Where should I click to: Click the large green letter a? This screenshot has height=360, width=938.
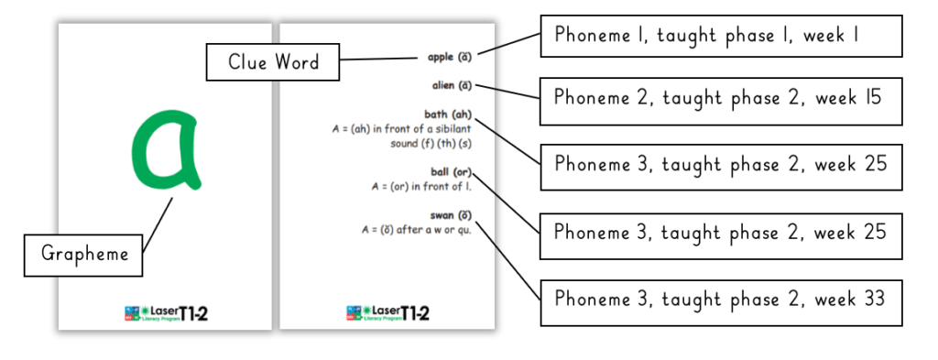[165, 149]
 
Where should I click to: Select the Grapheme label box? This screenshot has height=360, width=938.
[83, 255]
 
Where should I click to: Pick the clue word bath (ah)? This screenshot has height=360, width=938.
[448, 115]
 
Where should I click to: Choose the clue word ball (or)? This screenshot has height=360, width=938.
[450, 171]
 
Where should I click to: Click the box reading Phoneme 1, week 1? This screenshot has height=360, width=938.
[720, 37]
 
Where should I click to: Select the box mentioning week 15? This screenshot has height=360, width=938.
[720, 99]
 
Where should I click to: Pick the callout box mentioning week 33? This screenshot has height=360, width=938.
[720, 300]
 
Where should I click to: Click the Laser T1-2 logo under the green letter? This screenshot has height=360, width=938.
[165, 313]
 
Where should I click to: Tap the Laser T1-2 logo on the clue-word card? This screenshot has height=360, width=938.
[388, 313]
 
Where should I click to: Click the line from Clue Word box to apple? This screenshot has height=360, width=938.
[380, 59]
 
